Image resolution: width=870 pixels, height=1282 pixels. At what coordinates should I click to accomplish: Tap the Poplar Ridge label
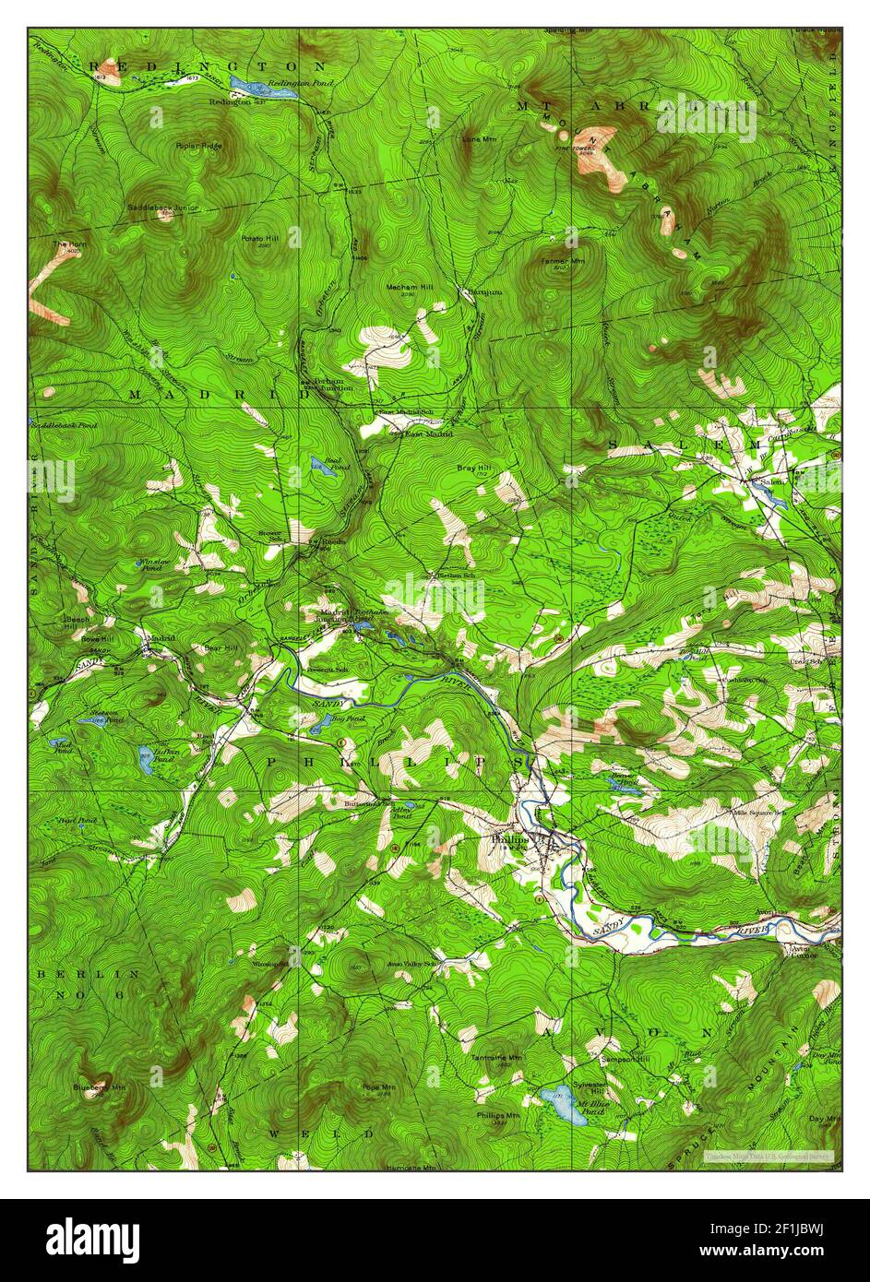coord(199,146)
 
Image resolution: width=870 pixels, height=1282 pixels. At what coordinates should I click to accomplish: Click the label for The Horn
coord(67,244)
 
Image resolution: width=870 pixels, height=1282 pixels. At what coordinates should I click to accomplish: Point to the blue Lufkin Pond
coord(146,760)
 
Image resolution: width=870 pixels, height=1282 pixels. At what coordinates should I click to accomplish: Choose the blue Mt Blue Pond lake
coord(562,1105)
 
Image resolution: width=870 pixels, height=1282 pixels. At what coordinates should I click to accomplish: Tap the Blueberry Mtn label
coord(99,1088)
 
